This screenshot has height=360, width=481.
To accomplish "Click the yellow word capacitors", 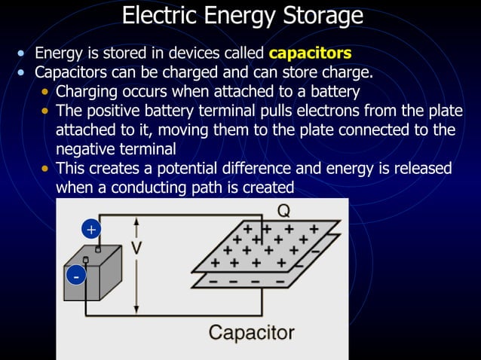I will (x=310, y=54).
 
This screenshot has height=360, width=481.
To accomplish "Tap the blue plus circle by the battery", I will (x=90, y=228).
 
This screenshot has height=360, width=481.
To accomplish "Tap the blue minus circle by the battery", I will (x=75, y=276).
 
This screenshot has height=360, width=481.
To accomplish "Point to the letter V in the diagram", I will (x=138, y=247).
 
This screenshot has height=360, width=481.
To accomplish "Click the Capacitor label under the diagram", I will (x=251, y=332).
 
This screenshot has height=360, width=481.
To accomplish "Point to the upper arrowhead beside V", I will (x=136, y=222).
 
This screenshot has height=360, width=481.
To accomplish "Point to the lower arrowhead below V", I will (x=136, y=310).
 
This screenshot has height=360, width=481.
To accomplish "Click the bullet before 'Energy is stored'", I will (x=21, y=54).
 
